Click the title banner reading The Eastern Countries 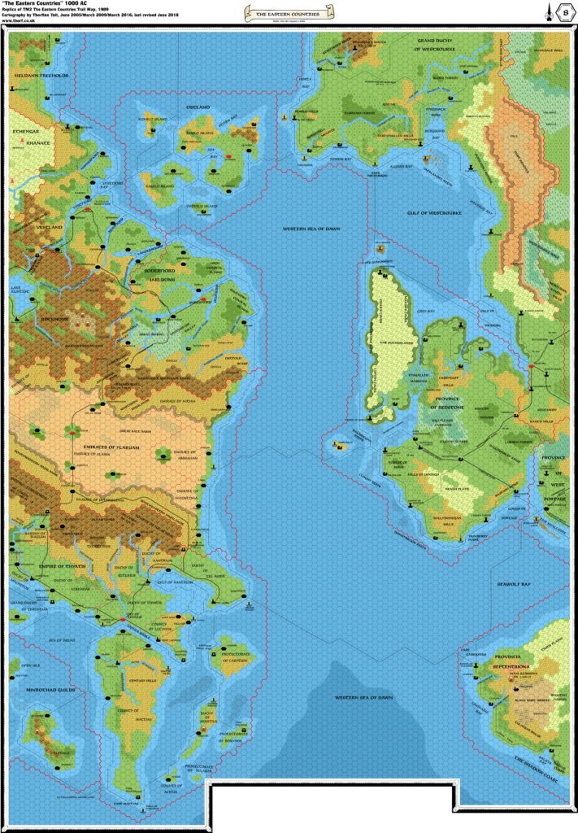289,14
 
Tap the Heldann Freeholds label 33,75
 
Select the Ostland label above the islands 198,107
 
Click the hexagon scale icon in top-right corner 567,15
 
